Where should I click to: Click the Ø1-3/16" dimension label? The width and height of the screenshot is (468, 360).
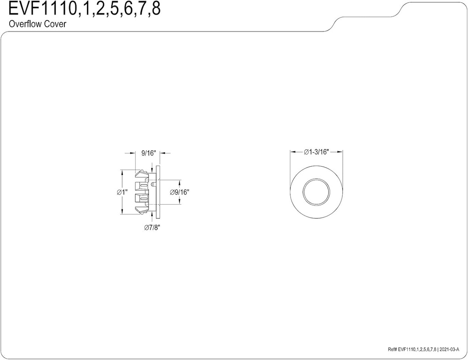317,152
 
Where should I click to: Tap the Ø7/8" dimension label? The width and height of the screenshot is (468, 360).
152,228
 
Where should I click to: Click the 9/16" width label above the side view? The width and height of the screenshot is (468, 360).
149,154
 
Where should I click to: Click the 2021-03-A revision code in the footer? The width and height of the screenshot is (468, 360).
451,349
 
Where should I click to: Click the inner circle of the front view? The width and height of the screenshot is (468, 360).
317,191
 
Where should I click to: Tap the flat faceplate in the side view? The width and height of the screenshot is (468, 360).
158,192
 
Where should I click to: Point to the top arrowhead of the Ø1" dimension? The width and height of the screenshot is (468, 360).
122,172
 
